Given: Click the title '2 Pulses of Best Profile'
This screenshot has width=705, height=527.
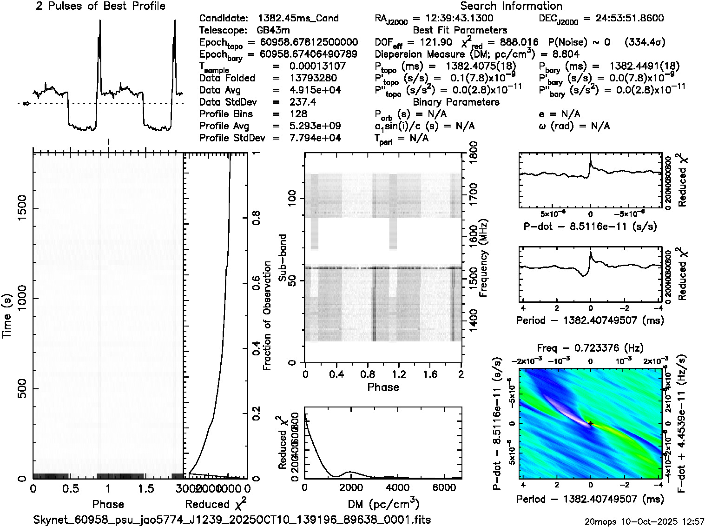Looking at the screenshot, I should click(x=100, y=6).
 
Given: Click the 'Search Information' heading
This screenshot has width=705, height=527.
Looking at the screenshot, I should click(x=511, y=6).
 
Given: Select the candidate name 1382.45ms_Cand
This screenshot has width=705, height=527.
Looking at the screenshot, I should click(x=298, y=19).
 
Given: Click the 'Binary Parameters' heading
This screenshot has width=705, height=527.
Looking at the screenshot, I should click(x=456, y=102).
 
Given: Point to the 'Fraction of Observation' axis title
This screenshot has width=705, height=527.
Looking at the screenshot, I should click(x=267, y=316).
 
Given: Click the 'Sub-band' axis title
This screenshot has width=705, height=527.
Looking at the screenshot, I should click(x=282, y=258).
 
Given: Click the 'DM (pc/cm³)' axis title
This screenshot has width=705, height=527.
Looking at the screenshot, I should click(x=383, y=504).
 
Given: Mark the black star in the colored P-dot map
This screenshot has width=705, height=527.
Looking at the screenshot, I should click(x=591, y=423).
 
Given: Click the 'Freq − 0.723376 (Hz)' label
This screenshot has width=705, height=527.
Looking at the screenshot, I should click(x=590, y=348).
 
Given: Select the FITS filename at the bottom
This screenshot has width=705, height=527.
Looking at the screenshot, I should click(x=232, y=520).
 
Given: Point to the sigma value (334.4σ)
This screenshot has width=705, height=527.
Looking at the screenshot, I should click(x=645, y=42).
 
